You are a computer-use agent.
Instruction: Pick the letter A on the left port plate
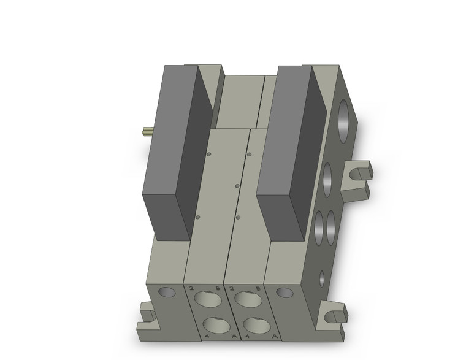(x=219, y=336)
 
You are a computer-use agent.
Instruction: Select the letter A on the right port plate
(x=259, y=336)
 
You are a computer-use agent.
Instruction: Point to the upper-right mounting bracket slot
(x=358, y=174)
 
